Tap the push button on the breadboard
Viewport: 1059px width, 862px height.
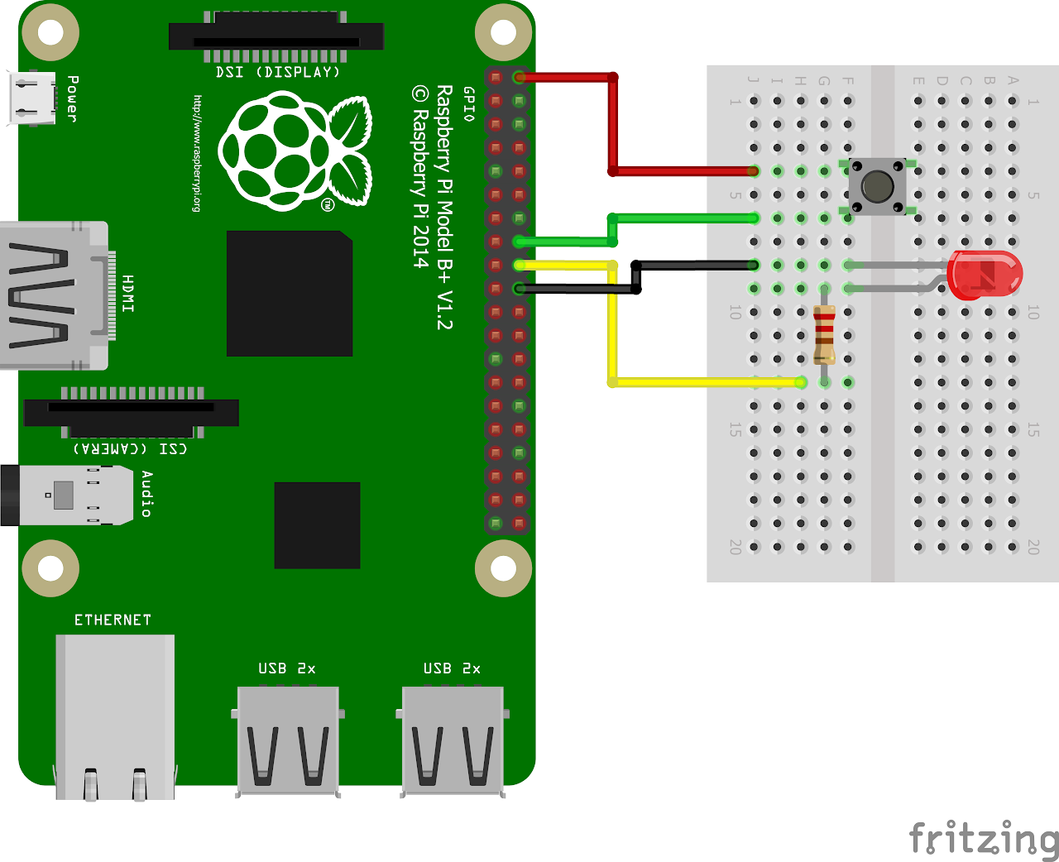point(877,187)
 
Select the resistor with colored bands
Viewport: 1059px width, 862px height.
point(824,334)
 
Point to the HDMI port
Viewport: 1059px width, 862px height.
point(55,295)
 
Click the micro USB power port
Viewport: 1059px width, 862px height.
point(31,98)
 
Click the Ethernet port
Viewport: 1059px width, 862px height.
point(115,716)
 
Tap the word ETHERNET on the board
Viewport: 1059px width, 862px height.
point(113,620)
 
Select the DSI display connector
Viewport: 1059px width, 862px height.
point(276,38)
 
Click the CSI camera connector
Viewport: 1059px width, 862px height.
point(132,411)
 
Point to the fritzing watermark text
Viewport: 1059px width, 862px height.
point(983,839)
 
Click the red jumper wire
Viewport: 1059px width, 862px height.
point(613,124)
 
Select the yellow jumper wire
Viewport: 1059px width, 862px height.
point(612,331)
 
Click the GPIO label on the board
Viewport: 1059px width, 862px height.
point(469,103)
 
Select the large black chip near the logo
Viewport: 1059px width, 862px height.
point(290,294)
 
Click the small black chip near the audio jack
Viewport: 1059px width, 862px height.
point(317,525)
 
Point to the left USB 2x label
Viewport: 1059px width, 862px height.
point(286,668)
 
